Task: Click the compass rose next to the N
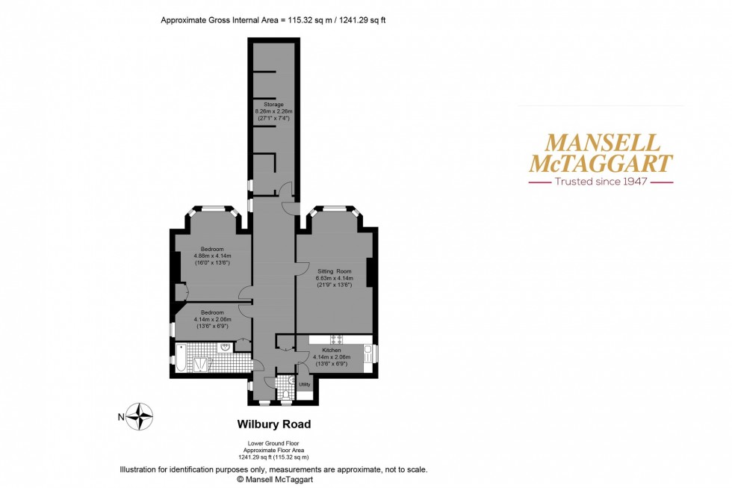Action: [x=140, y=416]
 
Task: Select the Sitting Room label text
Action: [x=334, y=271]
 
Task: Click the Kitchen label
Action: [x=332, y=350]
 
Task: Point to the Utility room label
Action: [x=305, y=384]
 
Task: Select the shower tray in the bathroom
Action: [x=202, y=364]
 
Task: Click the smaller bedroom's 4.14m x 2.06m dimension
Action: [x=211, y=319]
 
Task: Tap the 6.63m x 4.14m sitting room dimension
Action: [x=334, y=278]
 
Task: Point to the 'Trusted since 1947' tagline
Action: [x=601, y=182]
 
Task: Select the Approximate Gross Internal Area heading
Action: [x=273, y=20]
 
